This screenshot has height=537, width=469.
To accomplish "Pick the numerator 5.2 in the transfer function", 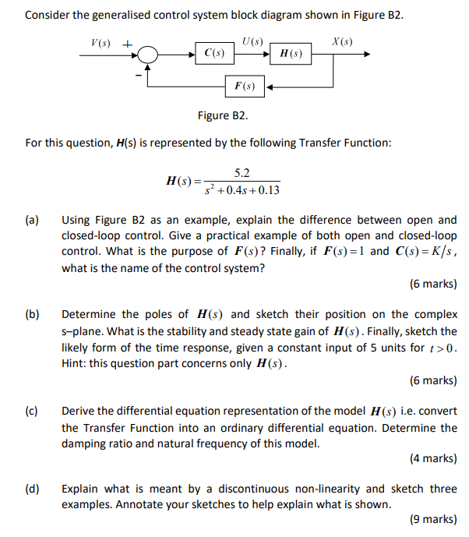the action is [x=242, y=173].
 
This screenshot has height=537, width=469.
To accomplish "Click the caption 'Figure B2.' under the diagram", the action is [x=223, y=116].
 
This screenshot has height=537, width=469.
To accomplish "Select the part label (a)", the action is [x=32, y=221].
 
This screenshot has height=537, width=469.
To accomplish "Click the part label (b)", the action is [x=32, y=315].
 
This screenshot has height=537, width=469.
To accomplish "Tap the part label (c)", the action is [x=32, y=411].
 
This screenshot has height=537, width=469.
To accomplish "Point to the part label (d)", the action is [x=32, y=489].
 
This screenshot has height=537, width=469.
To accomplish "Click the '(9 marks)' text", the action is [x=432, y=519].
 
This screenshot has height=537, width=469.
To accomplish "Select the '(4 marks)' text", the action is [x=432, y=458].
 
